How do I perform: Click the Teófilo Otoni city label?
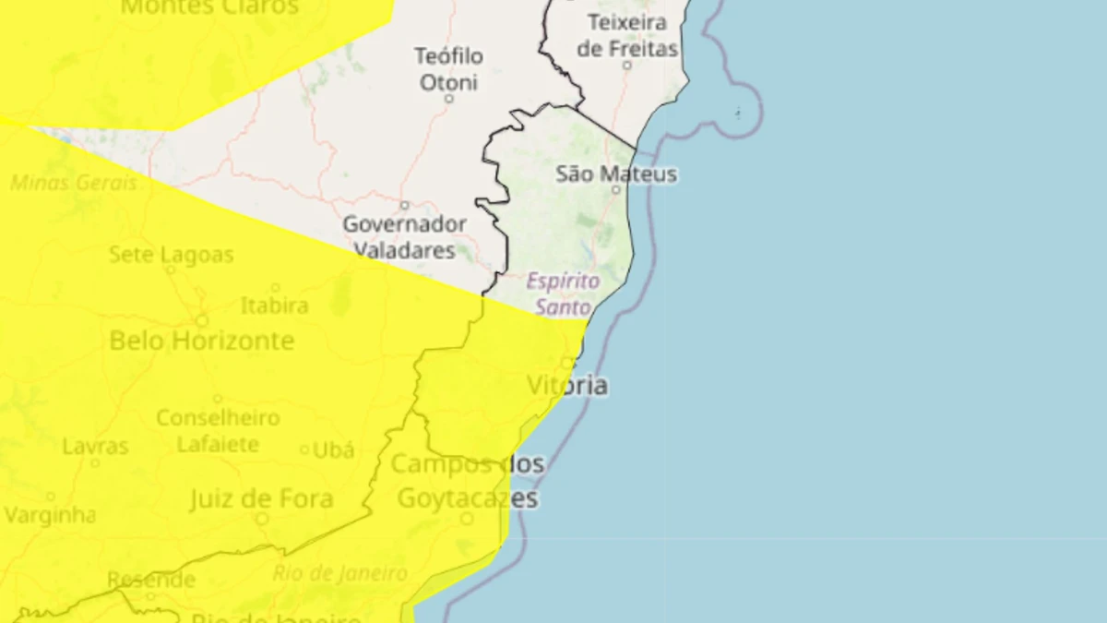[448, 69]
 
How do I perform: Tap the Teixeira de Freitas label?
[627, 35]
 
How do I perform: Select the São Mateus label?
[616, 174]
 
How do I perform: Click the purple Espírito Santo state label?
[563, 294]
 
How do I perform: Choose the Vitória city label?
[567, 385]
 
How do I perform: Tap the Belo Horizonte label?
[201, 341]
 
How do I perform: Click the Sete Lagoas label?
[171, 254]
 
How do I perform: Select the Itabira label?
[274, 306]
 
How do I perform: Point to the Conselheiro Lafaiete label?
[218, 431]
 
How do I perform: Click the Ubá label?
[334, 449]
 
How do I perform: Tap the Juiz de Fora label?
[261, 499]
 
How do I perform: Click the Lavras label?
[95, 447]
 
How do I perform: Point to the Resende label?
[151, 580]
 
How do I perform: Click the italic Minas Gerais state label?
[74, 183]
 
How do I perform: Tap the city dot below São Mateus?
[617, 189]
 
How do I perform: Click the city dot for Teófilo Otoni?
[449, 98]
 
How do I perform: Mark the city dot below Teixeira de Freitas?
[627, 66]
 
